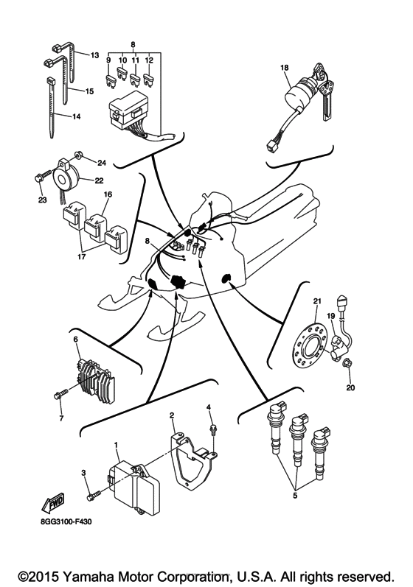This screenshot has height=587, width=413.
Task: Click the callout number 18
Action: tap(284, 68)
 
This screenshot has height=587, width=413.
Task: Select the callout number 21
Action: tap(318, 300)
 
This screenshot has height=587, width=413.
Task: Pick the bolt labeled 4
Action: tap(212, 425)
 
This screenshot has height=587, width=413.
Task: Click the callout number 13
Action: tap(94, 55)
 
